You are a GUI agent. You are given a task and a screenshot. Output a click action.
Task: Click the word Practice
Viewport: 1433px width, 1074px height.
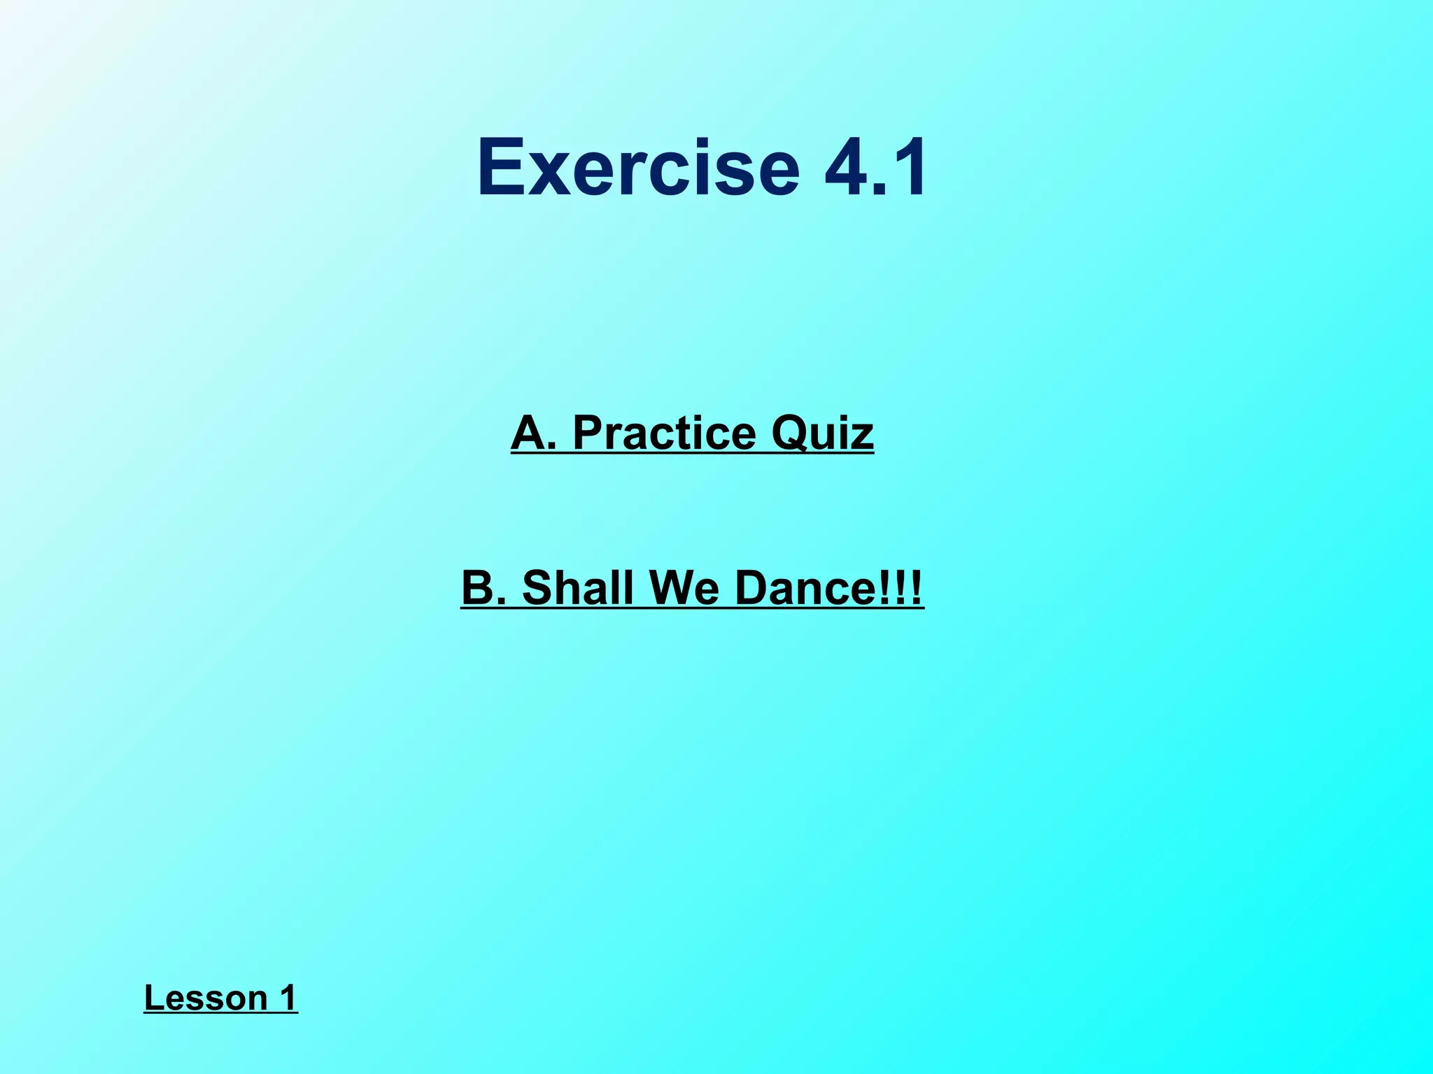[x=664, y=433]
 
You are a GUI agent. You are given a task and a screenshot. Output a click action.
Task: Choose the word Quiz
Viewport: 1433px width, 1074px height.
[x=822, y=433]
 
